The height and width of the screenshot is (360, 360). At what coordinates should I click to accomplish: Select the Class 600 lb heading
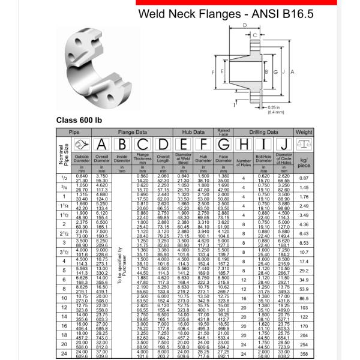[x=79, y=119]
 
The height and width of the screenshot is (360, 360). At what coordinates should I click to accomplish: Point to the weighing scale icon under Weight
[x=304, y=144]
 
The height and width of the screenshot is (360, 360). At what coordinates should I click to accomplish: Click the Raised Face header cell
[x=224, y=131]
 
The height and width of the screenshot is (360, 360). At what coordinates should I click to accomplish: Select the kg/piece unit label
[x=304, y=163]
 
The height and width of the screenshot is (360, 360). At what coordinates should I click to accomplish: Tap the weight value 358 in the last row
[x=304, y=354]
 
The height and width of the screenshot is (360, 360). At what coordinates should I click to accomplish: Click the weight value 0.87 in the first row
[x=304, y=178]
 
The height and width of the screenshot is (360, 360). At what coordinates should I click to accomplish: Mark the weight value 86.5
[x=304, y=298]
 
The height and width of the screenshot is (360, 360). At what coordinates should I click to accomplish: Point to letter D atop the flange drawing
[x=245, y=25]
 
